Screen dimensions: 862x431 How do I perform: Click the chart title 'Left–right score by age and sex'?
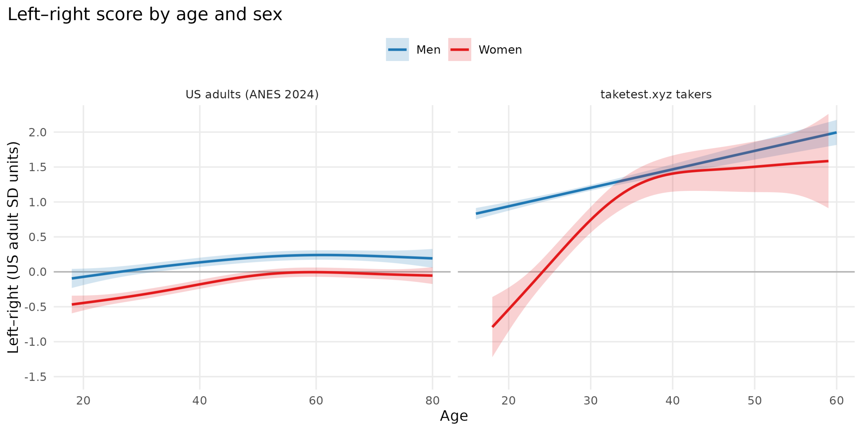[x=145, y=14]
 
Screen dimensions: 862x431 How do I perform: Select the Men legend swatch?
[x=397, y=49]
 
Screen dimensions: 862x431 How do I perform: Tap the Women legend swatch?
[x=460, y=49]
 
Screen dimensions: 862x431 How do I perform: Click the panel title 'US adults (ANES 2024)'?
[x=252, y=95]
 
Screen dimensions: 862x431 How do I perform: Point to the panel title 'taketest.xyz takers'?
[x=656, y=95]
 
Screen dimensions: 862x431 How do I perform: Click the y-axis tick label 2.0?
[x=38, y=132]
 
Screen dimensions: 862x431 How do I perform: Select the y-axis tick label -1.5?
[x=35, y=377]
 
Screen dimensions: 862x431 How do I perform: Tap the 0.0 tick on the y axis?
[x=38, y=272]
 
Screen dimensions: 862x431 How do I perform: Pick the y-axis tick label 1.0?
[x=38, y=202]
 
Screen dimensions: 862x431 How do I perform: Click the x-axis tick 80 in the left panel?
[x=432, y=401]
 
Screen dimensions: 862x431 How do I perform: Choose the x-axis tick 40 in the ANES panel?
[x=200, y=401]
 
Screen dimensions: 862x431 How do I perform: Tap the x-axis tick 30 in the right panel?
[x=591, y=401]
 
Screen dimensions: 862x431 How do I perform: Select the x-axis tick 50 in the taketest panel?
[x=755, y=401]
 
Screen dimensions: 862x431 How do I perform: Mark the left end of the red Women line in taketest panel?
[x=493, y=327]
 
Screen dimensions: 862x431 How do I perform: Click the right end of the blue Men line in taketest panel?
[x=836, y=133]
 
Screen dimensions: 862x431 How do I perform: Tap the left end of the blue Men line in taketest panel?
[x=476, y=213]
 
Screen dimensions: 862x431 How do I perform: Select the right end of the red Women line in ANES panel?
[x=432, y=276]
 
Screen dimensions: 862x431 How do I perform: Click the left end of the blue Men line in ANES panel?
[x=72, y=278]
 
